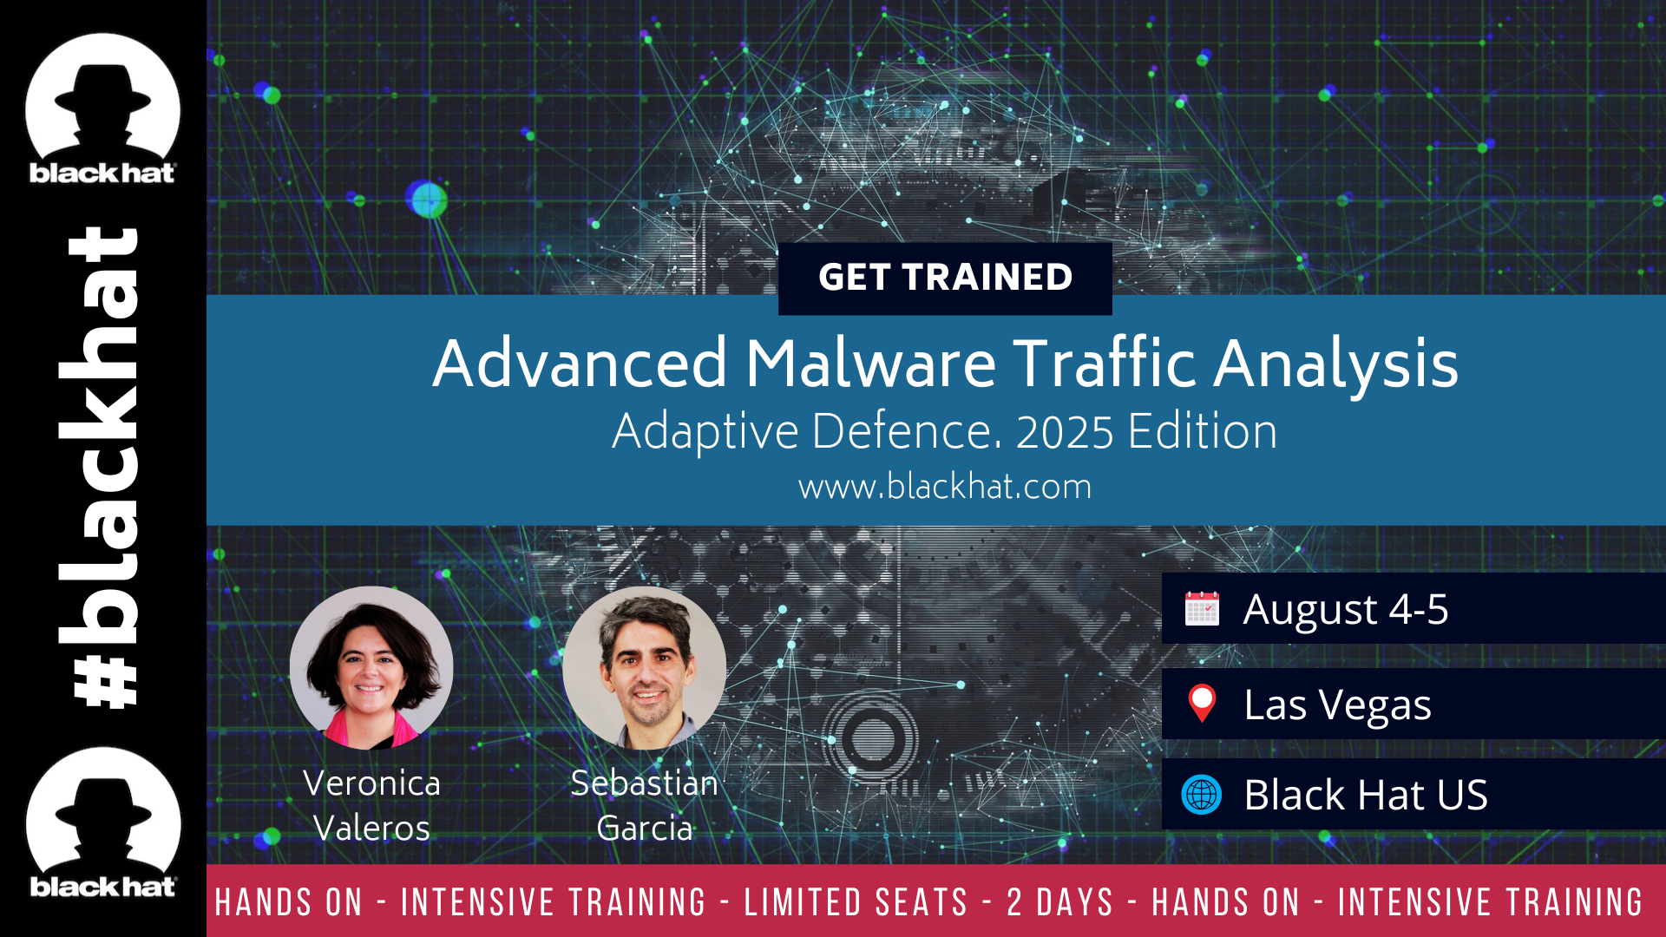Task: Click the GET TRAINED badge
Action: [945, 278]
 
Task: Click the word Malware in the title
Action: [871, 363]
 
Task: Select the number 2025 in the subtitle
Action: [1065, 432]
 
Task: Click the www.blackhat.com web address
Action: [945, 487]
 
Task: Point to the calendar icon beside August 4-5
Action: [1202, 608]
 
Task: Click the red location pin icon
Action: [1202, 703]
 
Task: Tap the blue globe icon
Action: [1202, 794]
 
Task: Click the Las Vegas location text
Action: [1337, 705]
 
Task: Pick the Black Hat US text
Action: [1366, 795]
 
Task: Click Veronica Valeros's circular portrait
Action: [371, 667]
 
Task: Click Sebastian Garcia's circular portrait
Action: [644, 667]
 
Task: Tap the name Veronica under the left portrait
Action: [371, 783]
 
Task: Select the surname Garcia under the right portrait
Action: [645, 829]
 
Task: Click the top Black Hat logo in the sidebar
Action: [102, 108]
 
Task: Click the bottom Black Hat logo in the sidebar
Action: [102, 822]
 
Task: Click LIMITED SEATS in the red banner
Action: [856, 902]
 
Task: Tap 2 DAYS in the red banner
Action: [1059, 902]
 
